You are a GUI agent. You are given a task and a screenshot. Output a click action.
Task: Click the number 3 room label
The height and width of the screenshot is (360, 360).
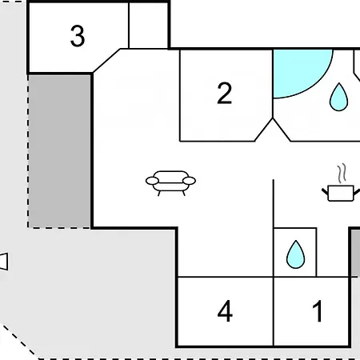pyautogui.click(x=78, y=36)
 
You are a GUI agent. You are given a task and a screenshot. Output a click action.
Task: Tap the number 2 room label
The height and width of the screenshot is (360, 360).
pyautogui.click(x=225, y=93)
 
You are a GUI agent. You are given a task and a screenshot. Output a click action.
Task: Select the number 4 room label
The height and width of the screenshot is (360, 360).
pyautogui.click(x=225, y=311)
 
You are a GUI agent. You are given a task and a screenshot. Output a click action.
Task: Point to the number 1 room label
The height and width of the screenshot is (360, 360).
pyautogui.click(x=318, y=311)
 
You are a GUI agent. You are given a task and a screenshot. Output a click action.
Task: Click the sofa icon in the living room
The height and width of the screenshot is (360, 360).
pyautogui.click(x=170, y=183)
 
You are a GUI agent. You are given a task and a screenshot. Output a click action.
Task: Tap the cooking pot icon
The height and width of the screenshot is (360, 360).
pyautogui.click(x=341, y=193)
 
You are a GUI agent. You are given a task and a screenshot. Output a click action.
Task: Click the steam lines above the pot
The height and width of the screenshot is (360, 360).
pyautogui.click(x=342, y=174)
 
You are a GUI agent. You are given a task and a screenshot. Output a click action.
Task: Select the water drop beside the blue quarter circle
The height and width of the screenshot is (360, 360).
pyautogui.click(x=338, y=97)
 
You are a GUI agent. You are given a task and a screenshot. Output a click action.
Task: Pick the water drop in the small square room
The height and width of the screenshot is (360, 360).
pyautogui.click(x=295, y=254)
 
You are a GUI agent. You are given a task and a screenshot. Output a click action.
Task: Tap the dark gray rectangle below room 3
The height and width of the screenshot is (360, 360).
pyautogui.click(x=59, y=151)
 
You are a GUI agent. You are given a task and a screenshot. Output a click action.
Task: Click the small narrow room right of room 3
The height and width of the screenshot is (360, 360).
pyautogui.click(x=148, y=26)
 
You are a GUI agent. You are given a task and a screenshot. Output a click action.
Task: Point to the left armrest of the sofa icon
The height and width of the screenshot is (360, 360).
pyautogui.click(x=152, y=181)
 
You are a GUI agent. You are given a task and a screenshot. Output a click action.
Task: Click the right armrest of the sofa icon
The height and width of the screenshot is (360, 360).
pyautogui.click(x=189, y=181)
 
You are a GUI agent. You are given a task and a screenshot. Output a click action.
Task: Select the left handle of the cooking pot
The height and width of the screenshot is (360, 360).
pyautogui.click(x=325, y=192)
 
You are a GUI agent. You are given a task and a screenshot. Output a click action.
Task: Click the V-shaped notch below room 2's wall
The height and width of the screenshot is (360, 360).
pyautogui.click(x=273, y=130)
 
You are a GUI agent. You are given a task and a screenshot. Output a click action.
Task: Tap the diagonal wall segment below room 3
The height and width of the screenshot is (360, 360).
pyautogui.click(x=106, y=61)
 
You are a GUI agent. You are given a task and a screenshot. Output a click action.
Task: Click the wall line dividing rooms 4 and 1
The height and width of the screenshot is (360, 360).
pyautogui.click(x=274, y=311)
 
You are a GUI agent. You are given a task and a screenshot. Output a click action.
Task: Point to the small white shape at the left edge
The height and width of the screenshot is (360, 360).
pyautogui.click(x=4, y=262)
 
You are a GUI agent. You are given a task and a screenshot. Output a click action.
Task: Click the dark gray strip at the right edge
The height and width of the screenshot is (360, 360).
pyautogui.click(x=355, y=253)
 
